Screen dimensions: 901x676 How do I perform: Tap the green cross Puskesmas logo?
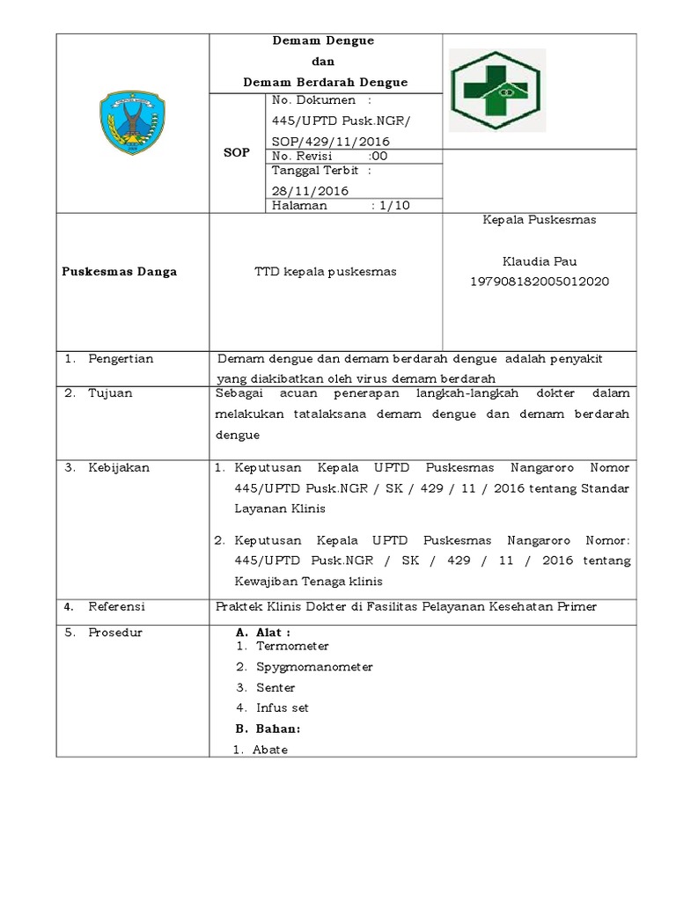pos(497,91)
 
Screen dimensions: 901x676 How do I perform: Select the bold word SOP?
pos(237,152)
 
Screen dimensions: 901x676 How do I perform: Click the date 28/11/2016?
pos(310,190)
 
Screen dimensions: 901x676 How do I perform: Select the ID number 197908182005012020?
pos(539,281)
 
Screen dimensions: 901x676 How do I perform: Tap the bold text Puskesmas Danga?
pos(120,272)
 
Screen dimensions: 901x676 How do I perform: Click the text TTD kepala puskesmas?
pos(325,272)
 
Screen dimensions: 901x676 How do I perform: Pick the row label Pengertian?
pos(121,359)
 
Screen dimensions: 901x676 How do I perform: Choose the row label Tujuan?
pos(110,393)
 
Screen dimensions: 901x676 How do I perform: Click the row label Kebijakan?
pos(119,468)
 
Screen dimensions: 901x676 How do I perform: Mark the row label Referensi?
pos(116,607)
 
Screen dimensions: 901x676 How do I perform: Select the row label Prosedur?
pos(115,633)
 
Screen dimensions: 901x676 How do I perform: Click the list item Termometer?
pos(292,647)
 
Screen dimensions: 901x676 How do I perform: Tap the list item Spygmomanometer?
pos(314,667)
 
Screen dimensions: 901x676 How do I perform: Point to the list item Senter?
pos(276,687)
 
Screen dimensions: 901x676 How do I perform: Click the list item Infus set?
pos(283,707)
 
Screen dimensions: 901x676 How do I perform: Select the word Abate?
pos(270,750)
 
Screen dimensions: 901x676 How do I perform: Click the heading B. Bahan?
pos(268,729)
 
